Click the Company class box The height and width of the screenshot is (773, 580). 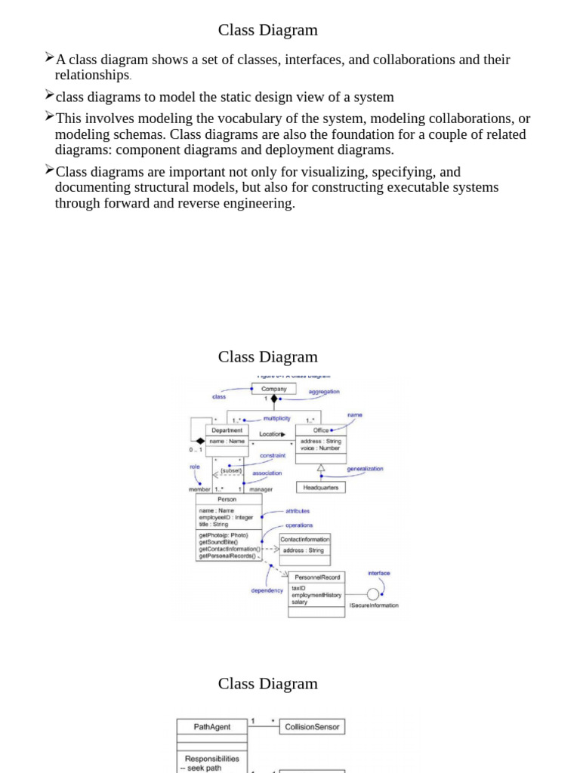pos(273,389)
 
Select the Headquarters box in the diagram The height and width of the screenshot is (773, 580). pos(321,488)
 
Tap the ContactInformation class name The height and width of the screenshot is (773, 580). pos(304,539)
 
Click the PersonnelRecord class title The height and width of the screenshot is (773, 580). pos(316,577)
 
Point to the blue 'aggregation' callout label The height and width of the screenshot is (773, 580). pos(324,392)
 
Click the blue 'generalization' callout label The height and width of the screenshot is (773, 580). pos(365,469)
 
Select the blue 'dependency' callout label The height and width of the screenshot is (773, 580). pos(267,590)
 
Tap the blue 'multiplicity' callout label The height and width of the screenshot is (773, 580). pos(276,418)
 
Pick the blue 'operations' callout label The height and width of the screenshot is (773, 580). pos(299,525)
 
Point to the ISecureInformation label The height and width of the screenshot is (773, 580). pos(373,605)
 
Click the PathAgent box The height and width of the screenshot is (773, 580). pos(212,727)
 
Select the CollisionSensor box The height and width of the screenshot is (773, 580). pos(312,727)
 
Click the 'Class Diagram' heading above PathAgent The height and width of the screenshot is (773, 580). pos(268,684)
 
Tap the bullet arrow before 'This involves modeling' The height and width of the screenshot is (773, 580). pos(49,116)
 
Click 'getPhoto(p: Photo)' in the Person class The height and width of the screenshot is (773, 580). pos(224,535)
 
